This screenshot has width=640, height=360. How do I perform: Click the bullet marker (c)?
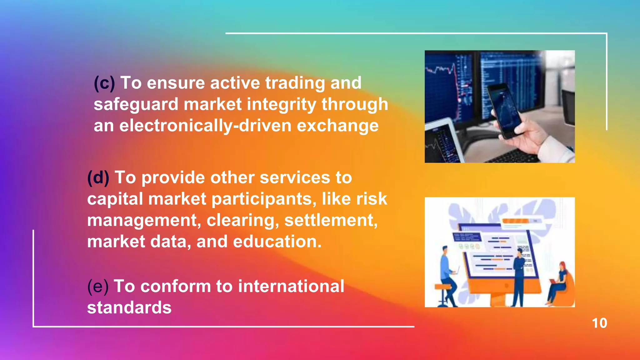(104, 83)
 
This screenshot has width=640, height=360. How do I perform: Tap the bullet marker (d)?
(98, 178)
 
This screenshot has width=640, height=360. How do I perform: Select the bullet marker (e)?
(98, 286)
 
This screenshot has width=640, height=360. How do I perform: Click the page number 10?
(599, 323)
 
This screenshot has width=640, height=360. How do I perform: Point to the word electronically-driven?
(205, 126)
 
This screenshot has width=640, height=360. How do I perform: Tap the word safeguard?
(136, 104)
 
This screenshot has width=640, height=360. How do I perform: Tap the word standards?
(129, 307)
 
